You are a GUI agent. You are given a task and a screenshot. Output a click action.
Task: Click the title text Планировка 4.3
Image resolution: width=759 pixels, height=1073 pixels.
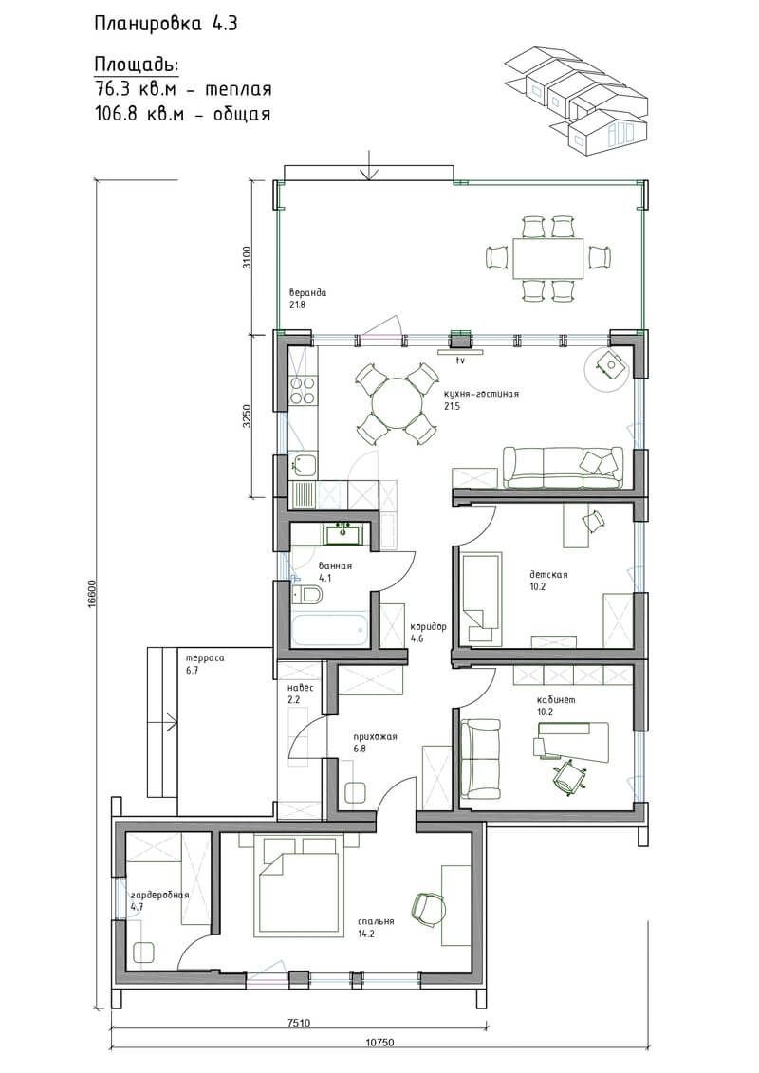pyautogui.click(x=166, y=25)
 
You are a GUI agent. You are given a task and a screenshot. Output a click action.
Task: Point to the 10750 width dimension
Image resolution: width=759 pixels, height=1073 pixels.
pyautogui.click(x=380, y=1062)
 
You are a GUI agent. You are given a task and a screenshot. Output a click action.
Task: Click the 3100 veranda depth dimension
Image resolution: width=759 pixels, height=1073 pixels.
pyautogui.click(x=247, y=257)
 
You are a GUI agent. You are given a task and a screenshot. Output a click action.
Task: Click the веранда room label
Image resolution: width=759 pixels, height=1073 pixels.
pyautogui.click(x=307, y=293)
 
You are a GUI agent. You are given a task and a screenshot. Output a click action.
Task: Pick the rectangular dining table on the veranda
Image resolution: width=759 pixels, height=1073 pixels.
pyautogui.click(x=547, y=258)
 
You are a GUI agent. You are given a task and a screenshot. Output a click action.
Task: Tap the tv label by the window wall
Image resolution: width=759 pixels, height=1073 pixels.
pyautogui.click(x=460, y=360)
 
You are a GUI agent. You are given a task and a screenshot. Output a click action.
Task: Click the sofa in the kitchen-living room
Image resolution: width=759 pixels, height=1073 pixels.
pyautogui.click(x=563, y=468)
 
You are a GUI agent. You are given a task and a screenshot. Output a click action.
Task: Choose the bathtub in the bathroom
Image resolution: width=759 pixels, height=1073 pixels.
pyautogui.click(x=330, y=630)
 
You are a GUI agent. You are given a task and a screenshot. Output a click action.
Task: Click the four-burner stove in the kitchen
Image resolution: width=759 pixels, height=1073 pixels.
pyautogui.click(x=303, y=391)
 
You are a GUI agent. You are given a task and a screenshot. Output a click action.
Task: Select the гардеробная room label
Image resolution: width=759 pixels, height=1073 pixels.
pyautogui.click(x=159, y=895)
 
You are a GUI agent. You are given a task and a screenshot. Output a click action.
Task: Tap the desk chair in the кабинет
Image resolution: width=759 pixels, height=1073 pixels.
pyautogui.click(x=568, y=775)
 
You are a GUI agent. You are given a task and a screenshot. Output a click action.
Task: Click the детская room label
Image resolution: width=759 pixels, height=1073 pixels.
pyautogui.click(x=548, y=575)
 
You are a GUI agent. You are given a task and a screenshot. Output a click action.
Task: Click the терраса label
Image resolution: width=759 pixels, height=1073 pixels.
pyautogui.click(x=205, y=658)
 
